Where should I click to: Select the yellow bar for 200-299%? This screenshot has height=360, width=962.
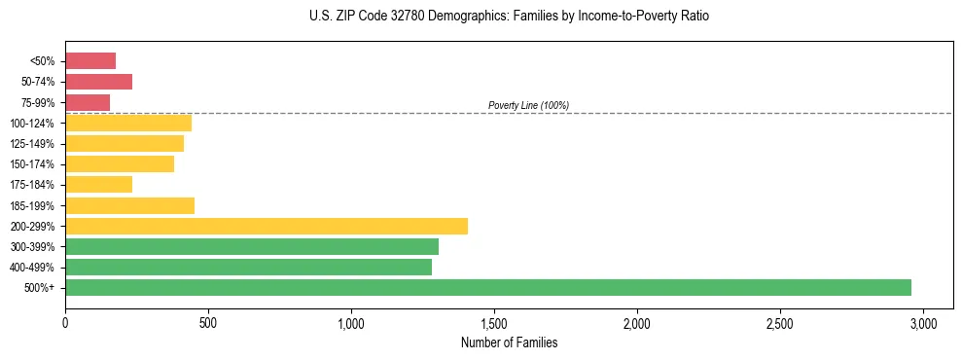click(267, 226)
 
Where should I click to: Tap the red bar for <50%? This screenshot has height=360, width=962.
click(90, 61)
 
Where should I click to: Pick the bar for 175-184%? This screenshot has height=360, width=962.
click(98, 185)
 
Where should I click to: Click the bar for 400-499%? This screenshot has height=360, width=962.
click(248, 267)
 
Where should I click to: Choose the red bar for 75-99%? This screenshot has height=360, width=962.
click(88, 102)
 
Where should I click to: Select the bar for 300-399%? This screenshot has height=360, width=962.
click(252, 246)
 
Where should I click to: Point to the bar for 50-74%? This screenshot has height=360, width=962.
click(98, 82)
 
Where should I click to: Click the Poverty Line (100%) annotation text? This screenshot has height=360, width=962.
click(528, 105)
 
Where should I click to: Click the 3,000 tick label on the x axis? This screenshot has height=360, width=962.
click(923, 323)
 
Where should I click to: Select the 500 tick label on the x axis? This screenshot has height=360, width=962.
click(208, 323)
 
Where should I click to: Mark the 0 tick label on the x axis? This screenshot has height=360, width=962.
click(65, 323)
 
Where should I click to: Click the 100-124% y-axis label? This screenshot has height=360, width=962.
click(32, 124)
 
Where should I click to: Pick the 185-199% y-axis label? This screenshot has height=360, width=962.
click(32, 205)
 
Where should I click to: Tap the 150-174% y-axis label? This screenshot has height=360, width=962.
click(32, 164)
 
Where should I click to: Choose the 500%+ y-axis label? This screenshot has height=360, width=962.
click(40, 288)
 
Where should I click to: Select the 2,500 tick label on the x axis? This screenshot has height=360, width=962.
click(780, 323)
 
